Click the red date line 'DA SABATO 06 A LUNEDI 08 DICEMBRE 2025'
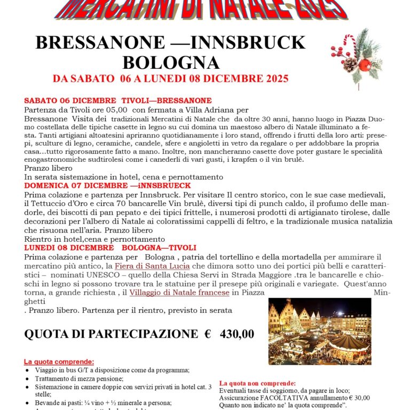coord(170,79)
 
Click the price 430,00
coord(235,334)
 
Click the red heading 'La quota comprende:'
coord(59,361)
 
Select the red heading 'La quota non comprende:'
coord(257,383)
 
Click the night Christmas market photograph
coord(320,331)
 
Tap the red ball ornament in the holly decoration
coord(364,65)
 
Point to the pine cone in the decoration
coord(350,65)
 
